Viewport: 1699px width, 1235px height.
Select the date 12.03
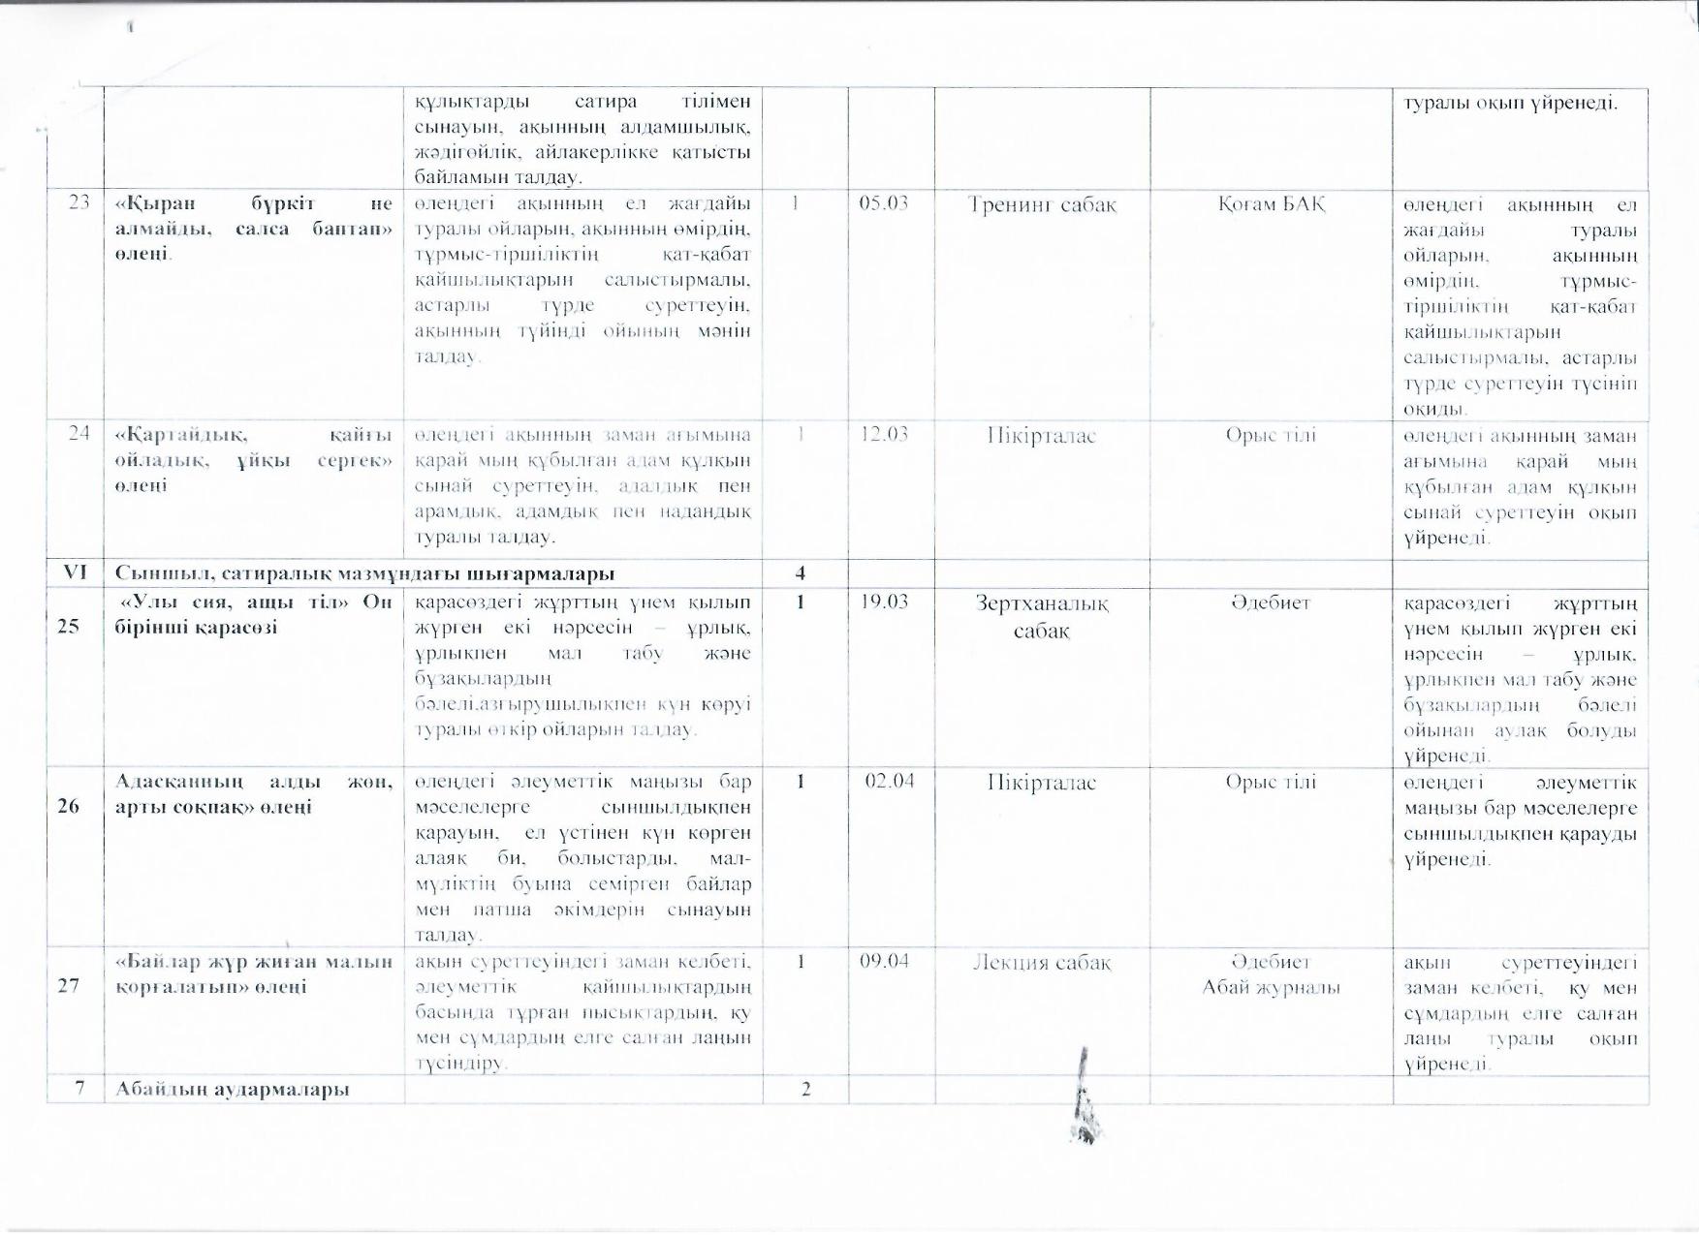coord(884,434)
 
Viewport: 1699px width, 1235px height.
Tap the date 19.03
coord(884,602)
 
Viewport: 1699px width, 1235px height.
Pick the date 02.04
coord(889,781)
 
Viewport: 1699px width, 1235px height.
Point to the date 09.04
coord(884,962)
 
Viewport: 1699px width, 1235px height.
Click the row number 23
coord(79,203)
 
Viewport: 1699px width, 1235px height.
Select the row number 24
coord(79,433)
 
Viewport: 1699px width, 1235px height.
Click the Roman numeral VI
coord(75,572)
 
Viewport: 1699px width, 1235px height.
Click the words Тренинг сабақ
coord(1042,205)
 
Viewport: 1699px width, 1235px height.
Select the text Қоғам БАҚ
coord(1271,204)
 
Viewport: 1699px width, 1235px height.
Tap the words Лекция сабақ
coord(1042,963)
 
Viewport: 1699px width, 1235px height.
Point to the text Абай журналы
coord(1271,987)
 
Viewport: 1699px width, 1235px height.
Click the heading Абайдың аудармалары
coord(233,1089)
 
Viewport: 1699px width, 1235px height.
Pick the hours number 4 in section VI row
coord(801,572)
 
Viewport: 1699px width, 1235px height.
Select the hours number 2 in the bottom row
coord(804,1090)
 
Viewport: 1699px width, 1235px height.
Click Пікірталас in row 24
coord(1042,435)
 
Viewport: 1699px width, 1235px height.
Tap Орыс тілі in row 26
coord(1271,782)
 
